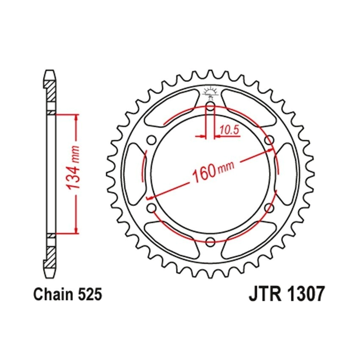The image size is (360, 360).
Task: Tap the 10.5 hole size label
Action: (230, 130)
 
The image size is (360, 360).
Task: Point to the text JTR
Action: (265, 294)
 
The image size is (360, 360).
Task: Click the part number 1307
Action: (306, 294)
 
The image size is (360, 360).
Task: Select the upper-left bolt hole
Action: (152, 140)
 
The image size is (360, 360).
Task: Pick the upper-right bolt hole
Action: (269, 140)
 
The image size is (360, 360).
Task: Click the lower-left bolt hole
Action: (152, 208)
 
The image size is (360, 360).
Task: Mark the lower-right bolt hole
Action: (269, 208)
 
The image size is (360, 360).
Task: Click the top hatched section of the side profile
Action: (50, 91)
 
